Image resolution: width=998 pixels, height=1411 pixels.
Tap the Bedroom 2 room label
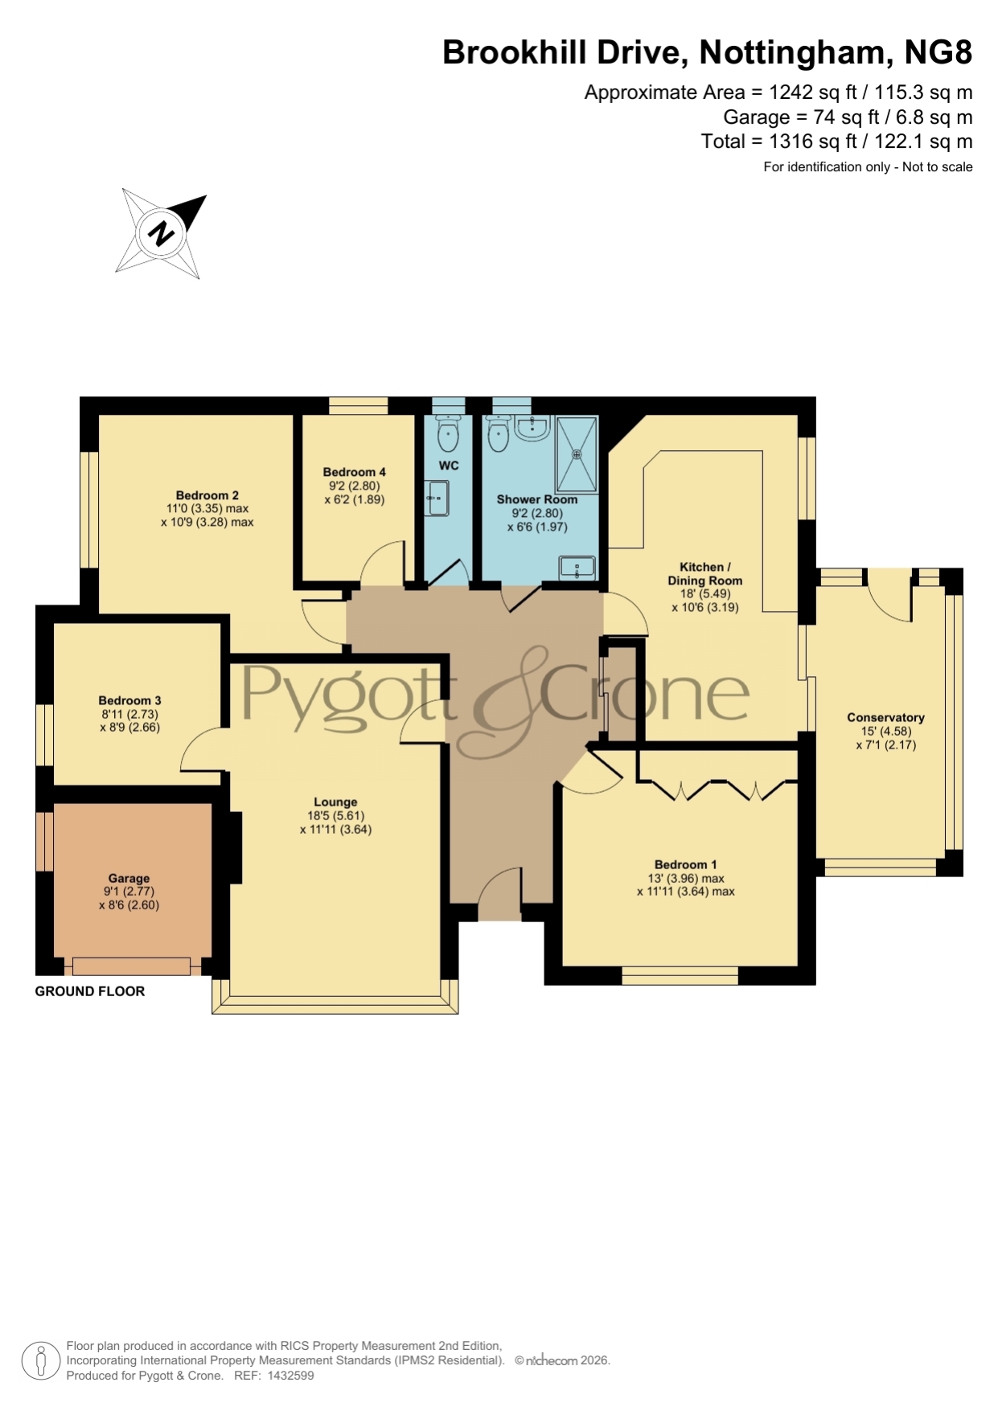tap(207, 495)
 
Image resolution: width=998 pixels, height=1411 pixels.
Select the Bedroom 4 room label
tap(355, 472)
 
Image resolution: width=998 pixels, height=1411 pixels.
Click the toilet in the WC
tap(448, 433)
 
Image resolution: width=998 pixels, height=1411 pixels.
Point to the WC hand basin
tap(437, 498)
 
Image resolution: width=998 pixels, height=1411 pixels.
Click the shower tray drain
tap(577, 454)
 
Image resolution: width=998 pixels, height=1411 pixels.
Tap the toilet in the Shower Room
tap(499, 435)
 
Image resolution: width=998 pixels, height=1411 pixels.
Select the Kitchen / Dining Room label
tap(704, 573)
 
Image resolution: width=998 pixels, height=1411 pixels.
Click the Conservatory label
tap(885, 717)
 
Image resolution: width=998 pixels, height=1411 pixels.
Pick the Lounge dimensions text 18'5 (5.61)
tap(335, 815)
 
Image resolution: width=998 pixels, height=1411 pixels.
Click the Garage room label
tap(129, 879)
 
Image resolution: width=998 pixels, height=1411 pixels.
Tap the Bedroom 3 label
tap(129, 700)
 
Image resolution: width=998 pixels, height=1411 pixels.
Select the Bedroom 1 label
tap(685, 865)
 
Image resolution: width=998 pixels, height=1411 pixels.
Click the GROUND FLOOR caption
tap(90, 991)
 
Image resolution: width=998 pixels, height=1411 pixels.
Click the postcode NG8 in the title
tap(938, 52)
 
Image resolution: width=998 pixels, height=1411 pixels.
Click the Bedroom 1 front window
tap(680, 975)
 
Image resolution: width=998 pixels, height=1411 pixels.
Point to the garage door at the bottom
tap(131, 966)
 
